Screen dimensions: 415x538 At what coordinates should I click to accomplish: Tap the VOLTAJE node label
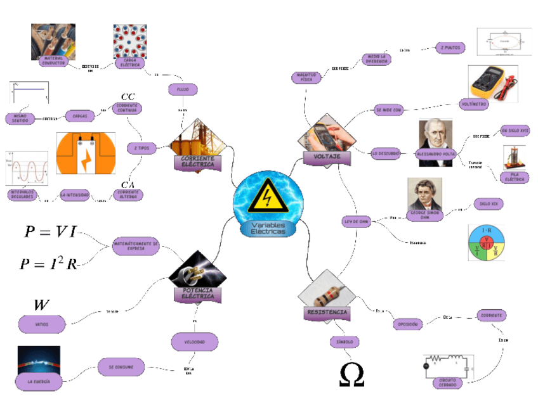click(x=327, y=156)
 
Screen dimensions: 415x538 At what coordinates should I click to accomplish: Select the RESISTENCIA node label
click(x=327, y=312)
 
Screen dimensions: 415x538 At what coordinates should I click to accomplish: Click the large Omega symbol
click(x=351, y=374)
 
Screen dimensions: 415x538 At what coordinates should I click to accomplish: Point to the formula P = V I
click(x=50, y=232)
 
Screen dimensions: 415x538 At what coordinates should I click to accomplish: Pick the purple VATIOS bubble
click(x=42, y=324)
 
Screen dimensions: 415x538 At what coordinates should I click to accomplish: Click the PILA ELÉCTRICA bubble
click(x=514, y=177)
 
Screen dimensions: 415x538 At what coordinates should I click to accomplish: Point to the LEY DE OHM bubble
click(x=356, y=222)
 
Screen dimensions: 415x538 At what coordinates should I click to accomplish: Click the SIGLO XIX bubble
click(x=490, y=205)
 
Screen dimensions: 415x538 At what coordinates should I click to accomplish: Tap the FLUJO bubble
click(x=183, y=90)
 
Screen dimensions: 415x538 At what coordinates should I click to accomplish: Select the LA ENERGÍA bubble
click(x=37, y=381)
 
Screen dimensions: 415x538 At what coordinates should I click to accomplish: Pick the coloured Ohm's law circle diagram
click(x=487, y=243)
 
